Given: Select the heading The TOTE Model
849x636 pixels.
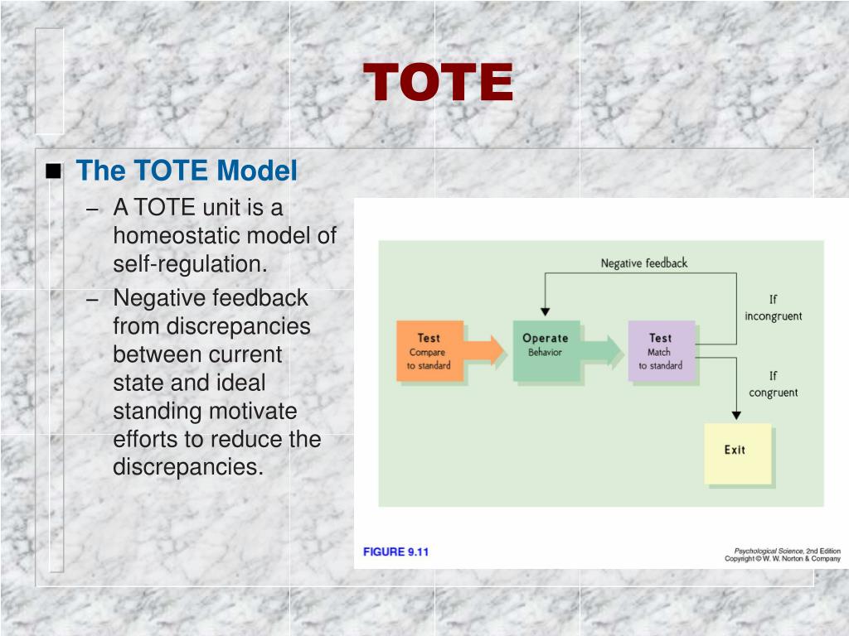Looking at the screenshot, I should [x=186, y=171].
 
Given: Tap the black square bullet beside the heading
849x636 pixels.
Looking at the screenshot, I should [x=54, y=172].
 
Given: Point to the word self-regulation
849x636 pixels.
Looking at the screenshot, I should [x=191, y=264].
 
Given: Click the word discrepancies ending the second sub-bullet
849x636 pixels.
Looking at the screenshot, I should [x=187, y=467].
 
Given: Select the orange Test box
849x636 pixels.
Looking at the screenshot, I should [x=429, y=351].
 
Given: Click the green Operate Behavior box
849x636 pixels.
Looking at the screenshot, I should [x=545, y=351].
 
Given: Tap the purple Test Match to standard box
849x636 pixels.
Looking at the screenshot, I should [x=661, y=351].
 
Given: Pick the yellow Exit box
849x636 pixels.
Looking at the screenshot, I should [x=735, y=451].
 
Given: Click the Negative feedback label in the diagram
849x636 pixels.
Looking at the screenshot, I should [x=644, y=263].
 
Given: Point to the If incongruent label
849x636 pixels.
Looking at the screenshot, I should [x=773, y=308].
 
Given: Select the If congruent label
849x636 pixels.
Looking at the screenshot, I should [x=773, y=384].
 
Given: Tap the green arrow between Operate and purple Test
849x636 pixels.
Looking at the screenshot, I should [x=603, y=350].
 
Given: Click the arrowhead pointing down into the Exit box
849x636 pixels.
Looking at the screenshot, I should [x=736, y=414].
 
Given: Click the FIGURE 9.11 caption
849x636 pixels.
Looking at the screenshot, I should [x=396, y=552].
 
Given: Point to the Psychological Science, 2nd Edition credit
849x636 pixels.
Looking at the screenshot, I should [x=787, y=551].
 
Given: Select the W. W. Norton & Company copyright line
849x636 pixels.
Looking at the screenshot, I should [x=783, y=559].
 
